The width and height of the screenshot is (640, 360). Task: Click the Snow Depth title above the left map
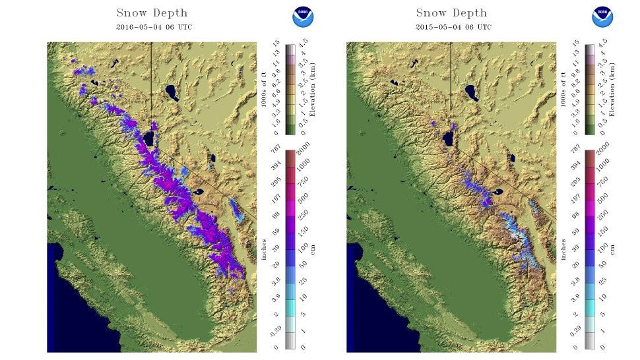tap(152, 13)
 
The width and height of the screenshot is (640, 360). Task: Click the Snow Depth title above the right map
tap(451, 13)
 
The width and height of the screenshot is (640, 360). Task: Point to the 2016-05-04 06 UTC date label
tap(152, 27)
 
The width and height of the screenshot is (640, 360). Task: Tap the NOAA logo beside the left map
tap(303, 16)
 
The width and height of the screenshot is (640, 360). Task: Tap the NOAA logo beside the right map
tap(602, 16)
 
